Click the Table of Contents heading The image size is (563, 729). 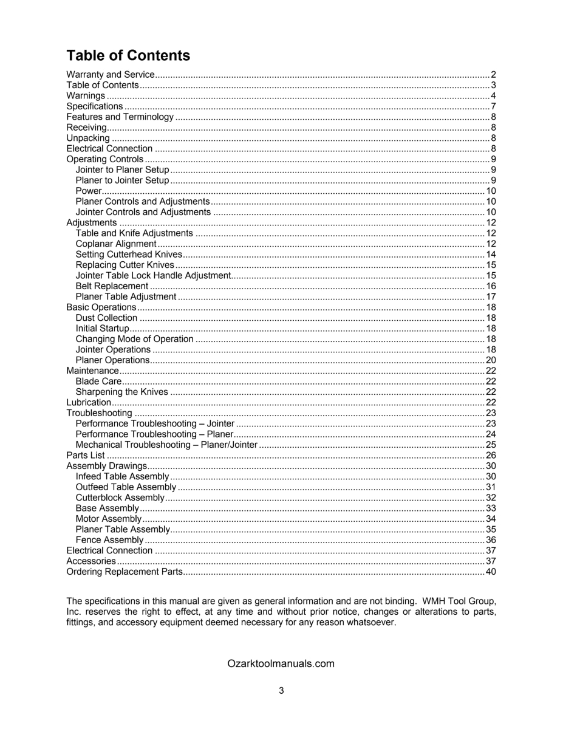(x=128, y=56)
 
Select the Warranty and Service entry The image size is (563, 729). (x=110, y=75)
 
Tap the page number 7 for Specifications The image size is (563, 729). (x=494, y=106)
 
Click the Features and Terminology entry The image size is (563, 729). (x=120, y=117)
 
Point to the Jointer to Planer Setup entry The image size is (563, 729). (x=122, y=169)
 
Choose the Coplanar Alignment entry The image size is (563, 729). (x=116, y=244)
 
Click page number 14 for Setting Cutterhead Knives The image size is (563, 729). (x=491, y=255)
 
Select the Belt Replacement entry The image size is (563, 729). (x=112, y=286)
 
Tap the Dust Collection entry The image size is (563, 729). (x=106, y=318)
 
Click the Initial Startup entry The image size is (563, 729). (x=102, y=329)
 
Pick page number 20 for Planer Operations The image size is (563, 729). (x=491, y=360)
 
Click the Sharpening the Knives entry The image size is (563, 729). (x=121, y=392)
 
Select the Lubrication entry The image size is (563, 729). (x=89, y=402)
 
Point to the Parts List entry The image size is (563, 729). (x=86, y=455)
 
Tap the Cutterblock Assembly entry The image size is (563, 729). (x=120, y=498)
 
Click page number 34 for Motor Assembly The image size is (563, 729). (x=491, y=519)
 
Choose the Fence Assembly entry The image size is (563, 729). (x=109, y=540)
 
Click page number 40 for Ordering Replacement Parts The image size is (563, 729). (x=491, y=572)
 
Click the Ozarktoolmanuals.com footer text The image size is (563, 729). (x=281, y=663)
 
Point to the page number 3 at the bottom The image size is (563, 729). (x=281, y=691)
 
